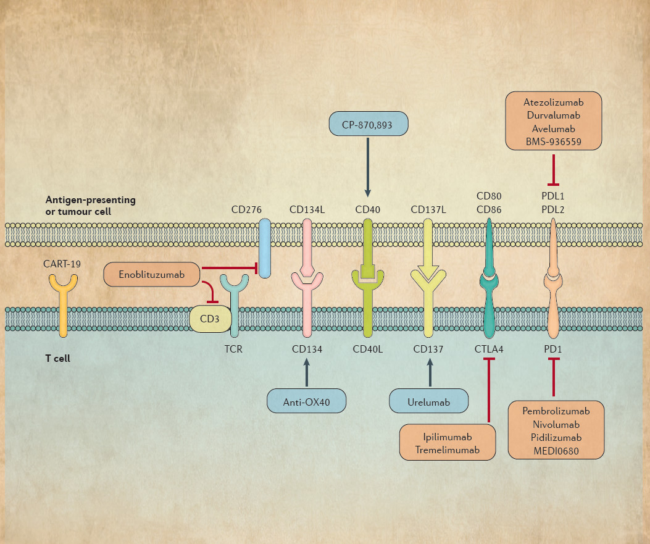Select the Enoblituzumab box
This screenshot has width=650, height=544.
152,274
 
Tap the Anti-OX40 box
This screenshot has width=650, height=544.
306,401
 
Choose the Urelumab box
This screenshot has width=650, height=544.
428,402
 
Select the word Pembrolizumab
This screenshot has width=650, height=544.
556,411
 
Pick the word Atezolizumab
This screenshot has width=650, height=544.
553,103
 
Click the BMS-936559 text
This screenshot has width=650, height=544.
553,142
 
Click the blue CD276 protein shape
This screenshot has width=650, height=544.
265,248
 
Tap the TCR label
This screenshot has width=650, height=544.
235,349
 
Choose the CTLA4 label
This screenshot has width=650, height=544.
489,349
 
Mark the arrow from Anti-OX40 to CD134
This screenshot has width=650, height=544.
307,373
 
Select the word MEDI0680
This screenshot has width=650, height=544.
556,450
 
